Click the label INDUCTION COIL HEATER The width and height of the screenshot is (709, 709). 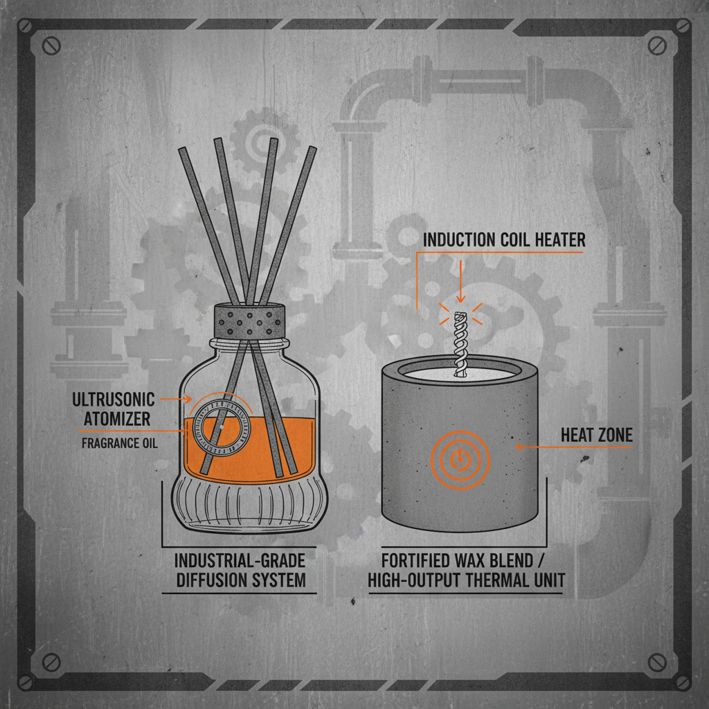click(504, 240)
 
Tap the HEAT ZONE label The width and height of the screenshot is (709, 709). click(596, 436)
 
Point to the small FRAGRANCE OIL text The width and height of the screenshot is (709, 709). click(119, 443)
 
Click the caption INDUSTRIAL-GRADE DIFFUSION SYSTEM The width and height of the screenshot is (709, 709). click(240, 570)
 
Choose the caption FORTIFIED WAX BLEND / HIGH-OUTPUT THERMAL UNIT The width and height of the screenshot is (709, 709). click(465, 570)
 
